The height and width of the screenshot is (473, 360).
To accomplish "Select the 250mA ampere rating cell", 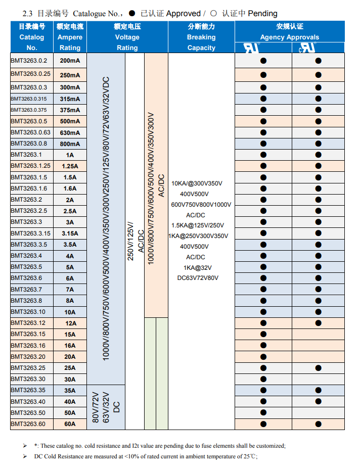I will click(70, 75).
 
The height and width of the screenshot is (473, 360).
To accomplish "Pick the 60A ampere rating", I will click(70, 424).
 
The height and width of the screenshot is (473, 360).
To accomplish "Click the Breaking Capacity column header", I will click(201, 37).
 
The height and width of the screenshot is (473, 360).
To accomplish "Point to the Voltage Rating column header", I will click(127, 37).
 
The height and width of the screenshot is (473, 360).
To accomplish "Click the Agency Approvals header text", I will click(289, 37).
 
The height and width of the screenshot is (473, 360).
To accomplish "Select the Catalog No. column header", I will click(32, 37).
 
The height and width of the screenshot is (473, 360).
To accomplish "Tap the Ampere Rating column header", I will click(70, 37).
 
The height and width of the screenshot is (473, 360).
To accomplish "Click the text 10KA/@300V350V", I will click(197, 183).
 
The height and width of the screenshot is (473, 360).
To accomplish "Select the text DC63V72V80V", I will click(198, 278).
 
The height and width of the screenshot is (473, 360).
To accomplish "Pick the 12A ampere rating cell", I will click(70, 323).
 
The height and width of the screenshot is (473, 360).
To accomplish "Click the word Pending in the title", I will click(262, 13).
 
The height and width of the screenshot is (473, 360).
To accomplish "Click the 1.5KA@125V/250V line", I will click(198, 225).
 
